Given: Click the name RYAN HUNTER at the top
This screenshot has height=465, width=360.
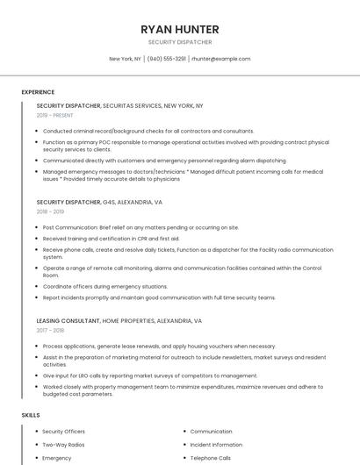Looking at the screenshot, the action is [180, 30].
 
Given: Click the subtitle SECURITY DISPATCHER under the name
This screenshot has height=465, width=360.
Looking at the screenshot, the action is [180, 42].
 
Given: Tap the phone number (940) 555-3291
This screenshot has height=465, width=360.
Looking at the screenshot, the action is [167, 59].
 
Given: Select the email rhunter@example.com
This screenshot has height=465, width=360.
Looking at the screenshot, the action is [221, 59].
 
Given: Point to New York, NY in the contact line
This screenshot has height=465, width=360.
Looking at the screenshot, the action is [125, 59].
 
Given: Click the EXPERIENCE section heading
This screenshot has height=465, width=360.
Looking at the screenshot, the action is [38, 92].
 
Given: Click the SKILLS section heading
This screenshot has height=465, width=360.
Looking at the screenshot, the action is [30, 414].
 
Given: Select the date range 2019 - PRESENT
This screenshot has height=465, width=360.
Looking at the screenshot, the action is [54, 115].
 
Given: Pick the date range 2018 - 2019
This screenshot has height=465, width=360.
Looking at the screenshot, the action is [50, 211].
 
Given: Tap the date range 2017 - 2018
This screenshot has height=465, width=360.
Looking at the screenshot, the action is [50, 331].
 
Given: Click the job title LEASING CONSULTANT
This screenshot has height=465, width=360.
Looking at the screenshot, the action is [68, 321].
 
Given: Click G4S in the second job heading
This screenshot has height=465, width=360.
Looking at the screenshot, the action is [109, 202].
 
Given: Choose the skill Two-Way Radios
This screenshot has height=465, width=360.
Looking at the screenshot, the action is [63, 445].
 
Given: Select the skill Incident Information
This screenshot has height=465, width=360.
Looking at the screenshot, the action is [216, 445].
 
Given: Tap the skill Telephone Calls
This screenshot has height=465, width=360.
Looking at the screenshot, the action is [211, 458].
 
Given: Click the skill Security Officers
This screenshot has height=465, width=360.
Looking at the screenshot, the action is [64, 432].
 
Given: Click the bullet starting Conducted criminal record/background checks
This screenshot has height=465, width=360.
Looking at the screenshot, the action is [148, 131].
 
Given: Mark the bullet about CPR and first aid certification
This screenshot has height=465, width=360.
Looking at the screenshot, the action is [111, 238].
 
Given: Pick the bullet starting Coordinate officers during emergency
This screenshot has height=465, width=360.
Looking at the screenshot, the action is [104, 286].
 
